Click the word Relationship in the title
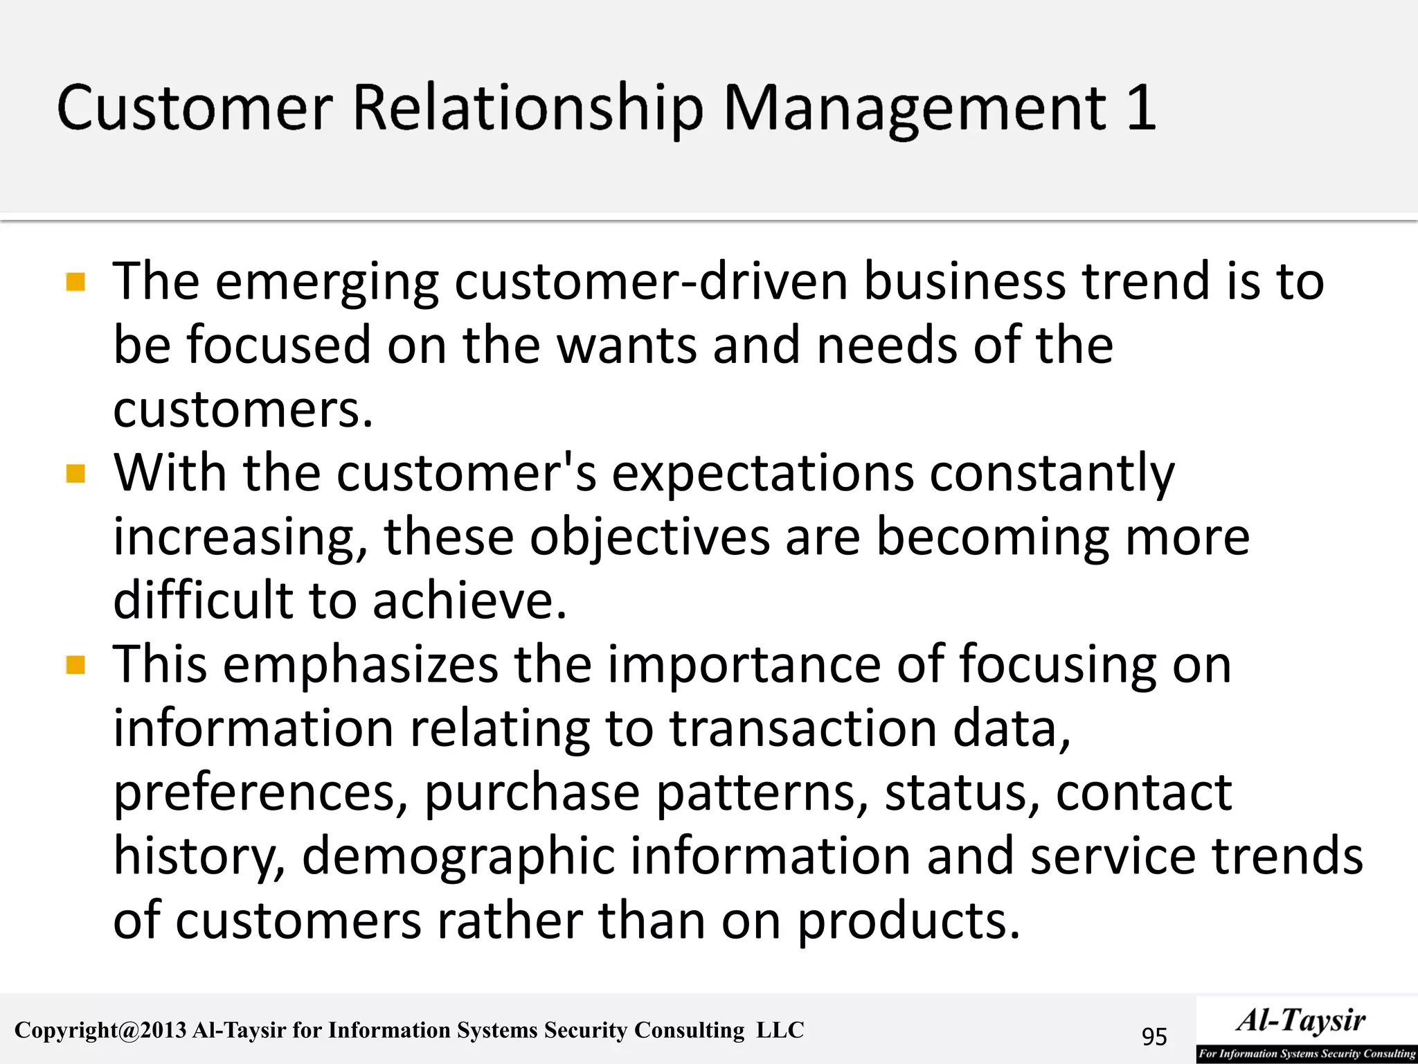coord(528,109)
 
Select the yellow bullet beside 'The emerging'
coord(75,282)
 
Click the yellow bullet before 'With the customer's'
coord(75,474)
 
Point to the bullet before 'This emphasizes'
coord(75,666)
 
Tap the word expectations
coord(762,474)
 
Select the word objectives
coord(649,537)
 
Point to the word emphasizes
coord(360,665)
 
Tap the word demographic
coord(458,857)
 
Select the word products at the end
coord(908,921)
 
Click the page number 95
coord(1154,1036)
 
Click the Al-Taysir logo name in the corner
coord(1301,1020)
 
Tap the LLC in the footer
coord(780,1030)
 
